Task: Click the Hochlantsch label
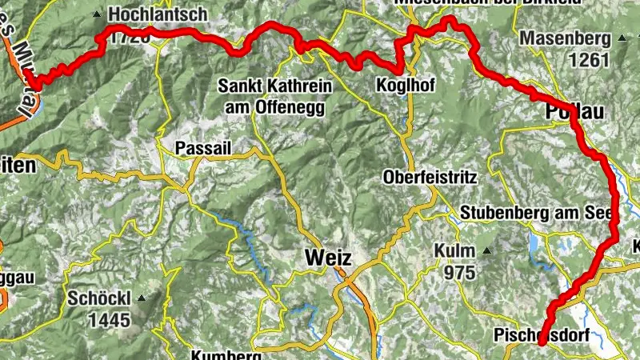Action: tap(157, 14)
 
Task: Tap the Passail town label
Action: tap(202, 148)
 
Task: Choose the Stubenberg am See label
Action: tap(534, 214)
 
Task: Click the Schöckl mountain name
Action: tap(100, 298)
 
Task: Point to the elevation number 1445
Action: tap(109, 321)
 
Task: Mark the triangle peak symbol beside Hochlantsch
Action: tap(98, 14)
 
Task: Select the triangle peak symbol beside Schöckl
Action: tap(142, 298)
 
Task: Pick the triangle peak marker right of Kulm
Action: tap(486, 250)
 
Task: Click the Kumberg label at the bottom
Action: tap(226, 355)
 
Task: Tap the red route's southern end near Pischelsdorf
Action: tap(542, 342)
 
